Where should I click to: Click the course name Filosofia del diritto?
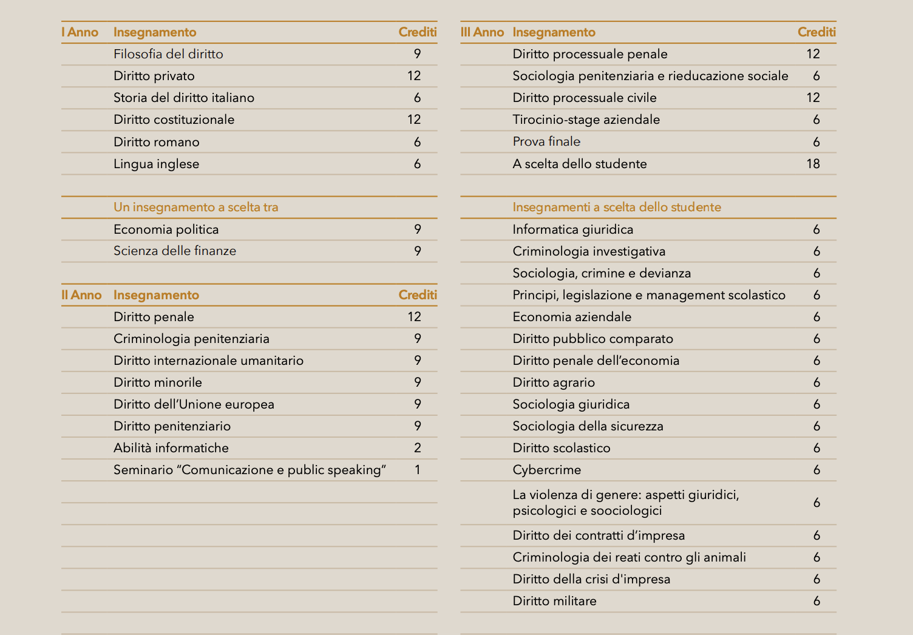pos(168,54)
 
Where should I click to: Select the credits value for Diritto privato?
pos(414,76)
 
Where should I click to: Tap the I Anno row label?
pos(80,32)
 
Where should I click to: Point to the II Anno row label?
pos(81,295)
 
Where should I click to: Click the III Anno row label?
pos(482,32)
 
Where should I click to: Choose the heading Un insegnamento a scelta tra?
pos(195,207)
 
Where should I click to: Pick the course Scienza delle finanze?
pos(175,251)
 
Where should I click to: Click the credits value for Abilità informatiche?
pos(418,448)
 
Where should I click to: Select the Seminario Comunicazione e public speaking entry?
pos(249,470)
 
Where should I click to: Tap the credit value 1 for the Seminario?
pos(418,470)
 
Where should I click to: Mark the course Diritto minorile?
pos(158,382)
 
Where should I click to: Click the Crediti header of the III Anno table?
pos(816,32)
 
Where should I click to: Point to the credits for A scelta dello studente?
pos(813,164)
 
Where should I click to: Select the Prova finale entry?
pos(546,141)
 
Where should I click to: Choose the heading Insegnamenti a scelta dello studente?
pos(617,207)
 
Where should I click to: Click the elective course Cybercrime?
pos(546,470)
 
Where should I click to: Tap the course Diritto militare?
pos(554,601)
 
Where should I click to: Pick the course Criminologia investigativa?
pos(589,251)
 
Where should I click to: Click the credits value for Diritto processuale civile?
pos(813,98)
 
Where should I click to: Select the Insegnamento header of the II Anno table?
pos(156,295)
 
